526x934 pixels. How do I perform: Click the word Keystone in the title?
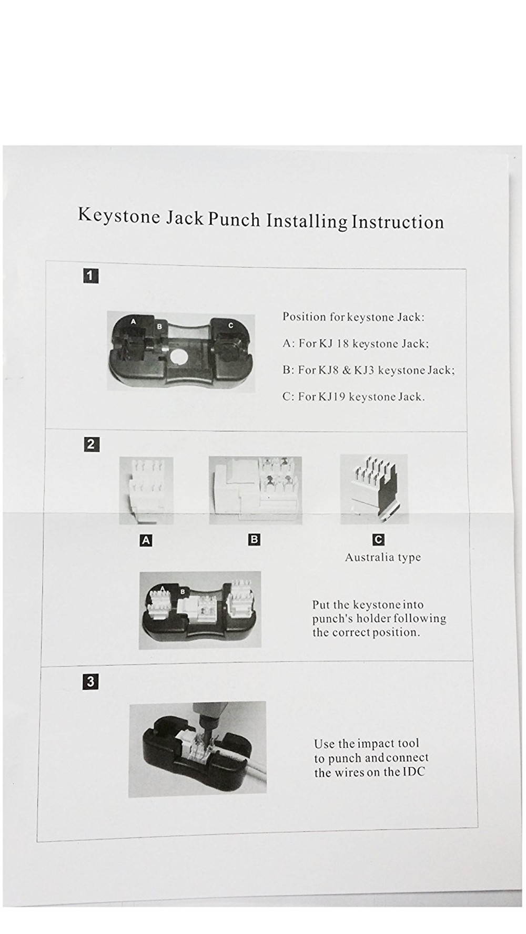click(119, 215)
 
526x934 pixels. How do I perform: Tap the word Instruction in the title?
click(398, 222)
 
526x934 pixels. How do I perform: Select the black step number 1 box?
click(91, 275)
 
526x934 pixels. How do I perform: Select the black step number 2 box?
click(91, 444)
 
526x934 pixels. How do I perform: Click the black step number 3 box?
click(90, 682)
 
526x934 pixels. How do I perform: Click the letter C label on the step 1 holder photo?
click(230, 325)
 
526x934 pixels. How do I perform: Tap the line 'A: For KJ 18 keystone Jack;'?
click(356, 344)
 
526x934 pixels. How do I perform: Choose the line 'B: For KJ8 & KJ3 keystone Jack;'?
click(368, 370)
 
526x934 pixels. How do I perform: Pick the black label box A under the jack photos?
click(146, 540)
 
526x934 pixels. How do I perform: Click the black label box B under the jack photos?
click(254, 539)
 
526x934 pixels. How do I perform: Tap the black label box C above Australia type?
click(378, 539)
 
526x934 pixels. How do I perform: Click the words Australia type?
click(382, 557)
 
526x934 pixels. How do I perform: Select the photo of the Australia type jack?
click(374, 489)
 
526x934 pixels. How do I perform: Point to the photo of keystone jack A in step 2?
click(146, 490)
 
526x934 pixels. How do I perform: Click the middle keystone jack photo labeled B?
click(256, 490)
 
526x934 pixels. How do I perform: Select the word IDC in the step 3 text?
click(414, 772)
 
